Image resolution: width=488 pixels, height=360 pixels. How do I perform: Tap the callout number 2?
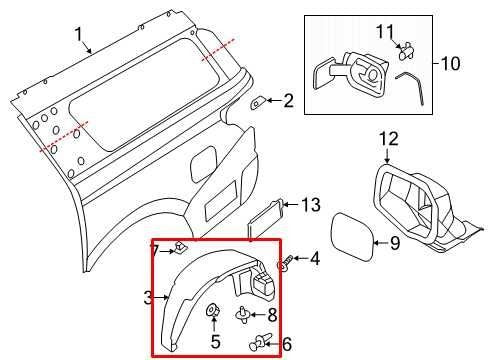[x=288, y=100]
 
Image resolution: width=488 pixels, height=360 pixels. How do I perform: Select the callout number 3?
[x=146, y=297]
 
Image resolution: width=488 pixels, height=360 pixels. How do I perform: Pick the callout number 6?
[x=287, y=344]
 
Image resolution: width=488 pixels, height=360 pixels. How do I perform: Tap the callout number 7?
[x=155, y=248]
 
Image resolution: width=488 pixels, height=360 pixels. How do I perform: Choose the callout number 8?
[x=271, y=315]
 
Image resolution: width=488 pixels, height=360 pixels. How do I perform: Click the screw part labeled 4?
[x=286, y=262]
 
